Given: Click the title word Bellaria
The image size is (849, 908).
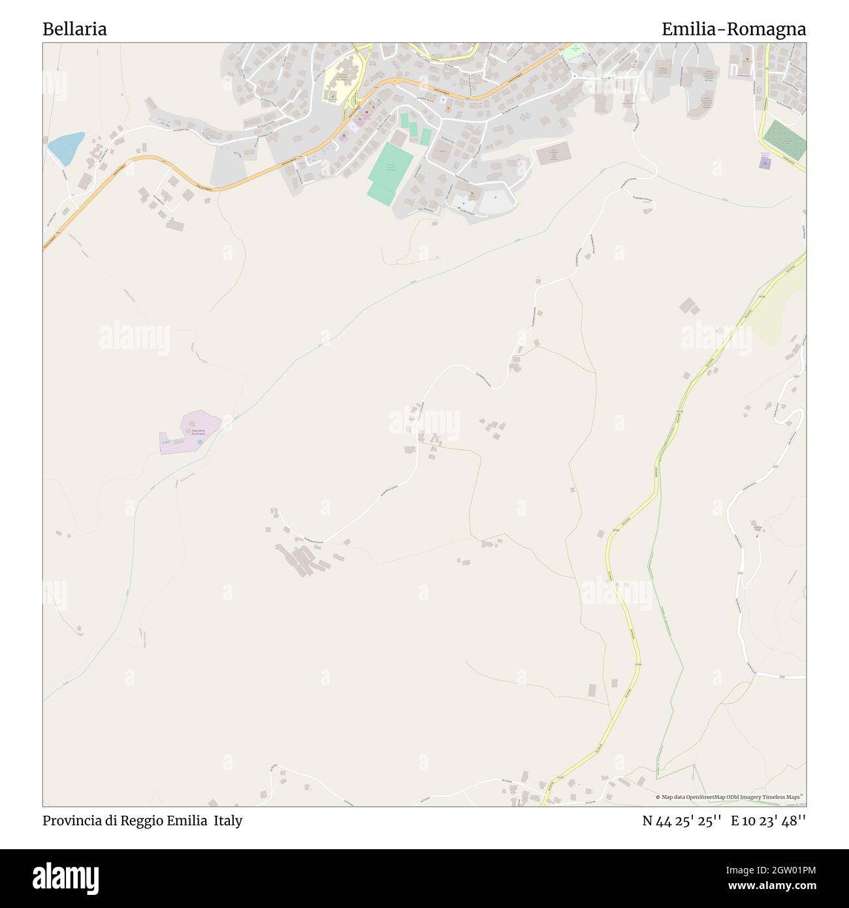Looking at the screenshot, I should coord(75,29).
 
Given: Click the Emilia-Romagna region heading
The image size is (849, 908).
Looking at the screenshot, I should coord(733,29).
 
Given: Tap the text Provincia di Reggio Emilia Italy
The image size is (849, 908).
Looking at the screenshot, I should coord(142,820).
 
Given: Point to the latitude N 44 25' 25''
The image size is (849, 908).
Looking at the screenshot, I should coord(681,820).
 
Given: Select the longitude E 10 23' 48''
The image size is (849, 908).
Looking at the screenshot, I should coord(769,820).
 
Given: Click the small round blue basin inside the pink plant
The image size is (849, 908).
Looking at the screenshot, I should coord(200,443).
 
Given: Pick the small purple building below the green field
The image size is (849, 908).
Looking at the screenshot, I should coord(765,162).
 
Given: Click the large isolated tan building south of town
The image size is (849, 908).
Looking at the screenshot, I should coord(553,154).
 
